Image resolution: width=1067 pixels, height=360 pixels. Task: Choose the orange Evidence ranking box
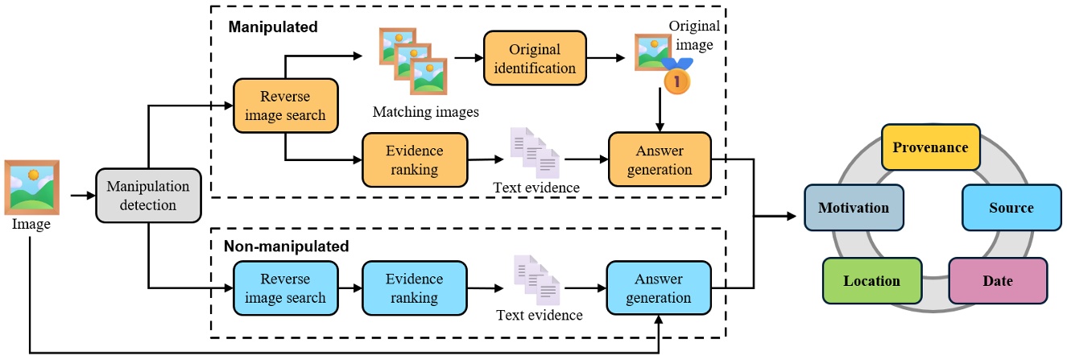(x=414, y=159)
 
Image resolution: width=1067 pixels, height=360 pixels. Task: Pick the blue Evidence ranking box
(x=414, y=288)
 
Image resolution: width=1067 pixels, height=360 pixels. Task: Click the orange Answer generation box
(x=660, y=159)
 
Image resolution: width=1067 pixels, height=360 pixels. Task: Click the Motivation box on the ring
(x=853, y=208)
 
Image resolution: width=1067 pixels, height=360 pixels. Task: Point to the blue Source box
(x=1010, y=208)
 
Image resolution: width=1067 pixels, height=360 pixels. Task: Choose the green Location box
(x=871, y=281)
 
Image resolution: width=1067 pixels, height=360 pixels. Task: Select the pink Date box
(x=998, y=281)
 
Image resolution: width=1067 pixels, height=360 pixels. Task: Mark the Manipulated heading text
(x=273, y=27)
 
